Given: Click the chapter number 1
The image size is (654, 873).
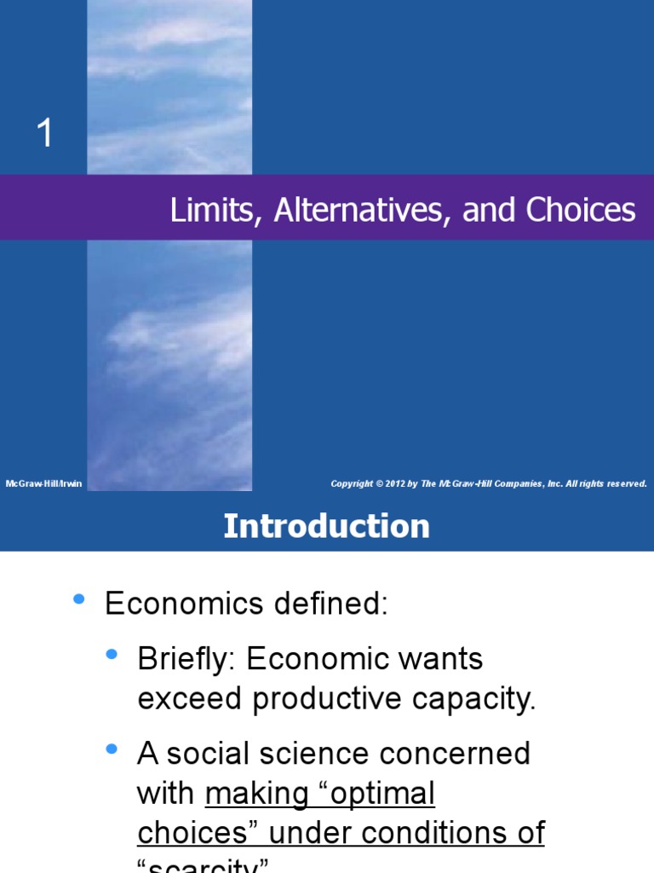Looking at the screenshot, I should pos(44,133).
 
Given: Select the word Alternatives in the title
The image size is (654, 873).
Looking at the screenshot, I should pos(364,211).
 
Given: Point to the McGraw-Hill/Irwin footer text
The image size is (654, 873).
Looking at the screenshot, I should pos(43,483).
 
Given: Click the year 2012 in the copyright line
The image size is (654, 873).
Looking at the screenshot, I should pos(394,483).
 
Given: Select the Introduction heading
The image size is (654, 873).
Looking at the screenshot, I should pos(326,526).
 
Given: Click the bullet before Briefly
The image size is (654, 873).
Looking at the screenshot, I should pos(112,654).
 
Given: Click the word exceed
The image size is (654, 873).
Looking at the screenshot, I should pos(189,699).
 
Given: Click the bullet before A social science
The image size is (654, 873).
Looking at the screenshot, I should pos(112,749).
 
